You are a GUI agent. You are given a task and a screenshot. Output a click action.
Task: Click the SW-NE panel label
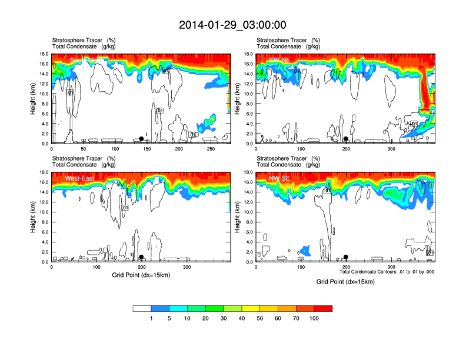point(279,60)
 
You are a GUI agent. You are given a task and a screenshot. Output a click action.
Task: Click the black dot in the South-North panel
point(141,139)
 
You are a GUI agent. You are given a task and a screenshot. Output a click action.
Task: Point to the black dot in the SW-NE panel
point(346,139)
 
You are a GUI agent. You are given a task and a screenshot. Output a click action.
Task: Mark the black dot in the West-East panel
point(141,257)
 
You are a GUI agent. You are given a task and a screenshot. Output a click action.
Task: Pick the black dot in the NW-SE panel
point(346,257)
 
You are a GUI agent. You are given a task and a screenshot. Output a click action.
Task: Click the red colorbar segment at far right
point(323,308)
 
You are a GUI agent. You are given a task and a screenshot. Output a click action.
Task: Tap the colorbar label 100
point(314,318)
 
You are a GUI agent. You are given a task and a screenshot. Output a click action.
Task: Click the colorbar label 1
point(151,318)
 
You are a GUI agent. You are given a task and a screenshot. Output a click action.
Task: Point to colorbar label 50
point(259,318)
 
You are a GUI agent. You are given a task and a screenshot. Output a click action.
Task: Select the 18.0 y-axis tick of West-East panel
point(44,172)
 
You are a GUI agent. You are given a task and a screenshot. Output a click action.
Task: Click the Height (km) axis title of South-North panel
point(33,99)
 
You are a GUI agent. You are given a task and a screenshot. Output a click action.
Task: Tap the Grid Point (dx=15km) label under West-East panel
point(141,275)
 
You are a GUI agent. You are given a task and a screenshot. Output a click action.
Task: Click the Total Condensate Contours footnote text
point(387,272)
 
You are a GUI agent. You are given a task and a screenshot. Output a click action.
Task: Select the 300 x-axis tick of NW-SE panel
point(391,267)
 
